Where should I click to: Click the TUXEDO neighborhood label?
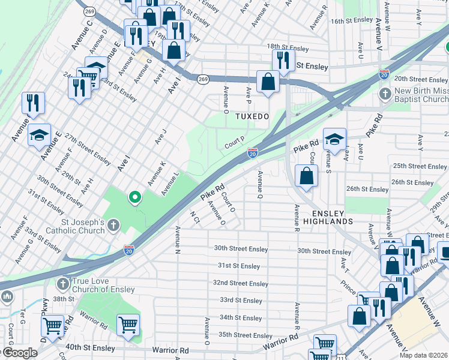[250, 116]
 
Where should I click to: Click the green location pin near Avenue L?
[135, 197]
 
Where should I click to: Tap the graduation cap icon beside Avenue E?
[40, 135]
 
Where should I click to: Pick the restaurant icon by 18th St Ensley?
[282, 60]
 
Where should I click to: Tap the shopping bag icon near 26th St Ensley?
[307, 176]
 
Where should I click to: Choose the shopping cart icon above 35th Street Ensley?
[128, 325]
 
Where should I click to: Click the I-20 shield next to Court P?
[253, 154]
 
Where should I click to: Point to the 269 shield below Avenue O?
[203, 78]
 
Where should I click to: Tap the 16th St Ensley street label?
[352, 20]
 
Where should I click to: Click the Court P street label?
[234, 143]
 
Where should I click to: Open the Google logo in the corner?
[19, 353]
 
